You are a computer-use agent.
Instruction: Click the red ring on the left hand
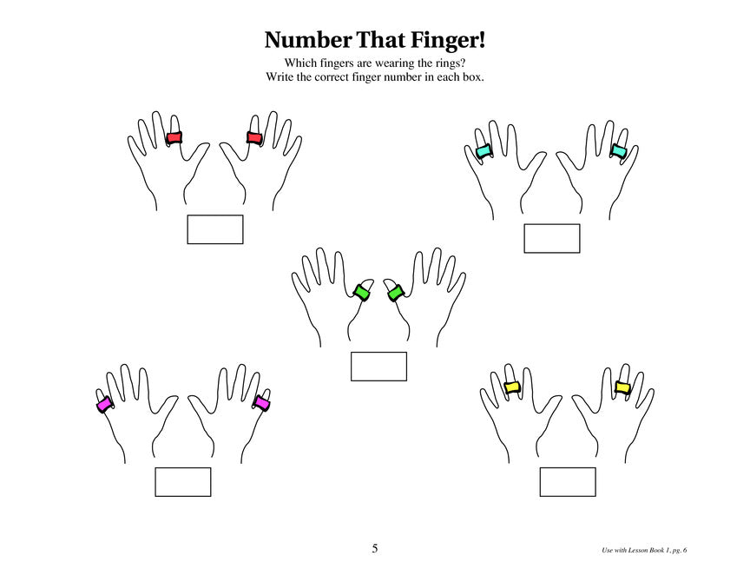[174, 138]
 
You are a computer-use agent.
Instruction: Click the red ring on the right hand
[254, 138]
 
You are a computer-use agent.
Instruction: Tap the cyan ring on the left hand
[484, 151]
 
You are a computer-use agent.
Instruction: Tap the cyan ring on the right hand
[618, 151]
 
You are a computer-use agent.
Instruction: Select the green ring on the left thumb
[361, 293]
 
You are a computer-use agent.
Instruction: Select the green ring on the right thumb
[395, 293]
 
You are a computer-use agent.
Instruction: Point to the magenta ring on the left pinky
[104, 404]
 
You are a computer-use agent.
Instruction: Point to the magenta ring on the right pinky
[261, 403]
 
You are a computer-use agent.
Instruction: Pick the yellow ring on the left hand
[512, 387]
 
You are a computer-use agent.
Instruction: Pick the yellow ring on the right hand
[622, 387]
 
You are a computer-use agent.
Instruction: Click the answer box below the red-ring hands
[215, 229]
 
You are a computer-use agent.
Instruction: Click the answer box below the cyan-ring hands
[552, 238]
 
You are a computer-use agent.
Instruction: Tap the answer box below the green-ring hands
[378, 367]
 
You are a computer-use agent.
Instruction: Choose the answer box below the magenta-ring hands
[182, 482]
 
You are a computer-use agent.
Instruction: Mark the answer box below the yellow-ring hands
[568, 482]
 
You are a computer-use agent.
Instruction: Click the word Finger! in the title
[448, 40]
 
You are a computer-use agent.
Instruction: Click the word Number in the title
[308, 40]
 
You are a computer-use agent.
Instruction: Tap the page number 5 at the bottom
[374, 548]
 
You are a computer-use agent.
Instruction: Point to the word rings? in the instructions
[451, 63]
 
